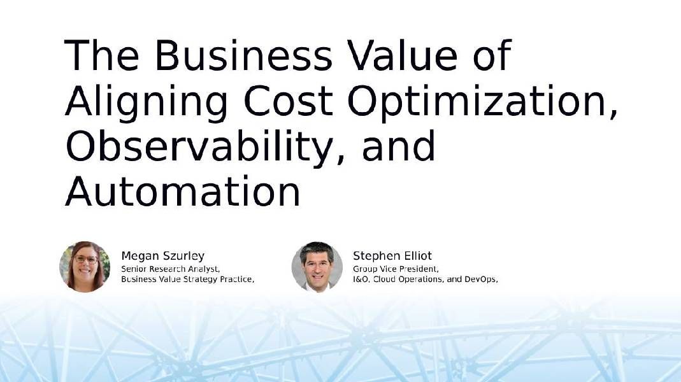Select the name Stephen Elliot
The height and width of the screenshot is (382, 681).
point(392,257)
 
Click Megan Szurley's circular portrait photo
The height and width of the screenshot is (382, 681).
point(85,267)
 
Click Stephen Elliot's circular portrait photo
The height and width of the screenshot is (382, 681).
point(317,267)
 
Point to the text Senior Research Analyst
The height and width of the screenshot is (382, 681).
point(170,269)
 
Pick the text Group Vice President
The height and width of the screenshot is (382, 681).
point(396,269)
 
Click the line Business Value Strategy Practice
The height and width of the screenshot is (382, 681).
point(188,279)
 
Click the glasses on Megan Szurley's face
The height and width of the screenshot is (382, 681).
point(86,260)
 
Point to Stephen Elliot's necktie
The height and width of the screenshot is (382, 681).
point(317,286)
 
